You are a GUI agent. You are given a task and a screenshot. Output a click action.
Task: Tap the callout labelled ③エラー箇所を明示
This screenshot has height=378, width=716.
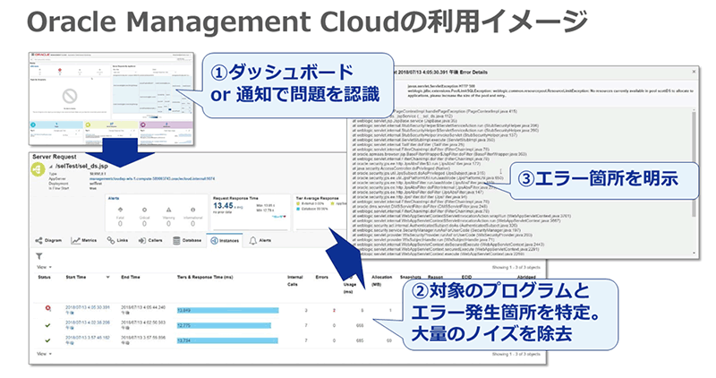(x=597, y=176)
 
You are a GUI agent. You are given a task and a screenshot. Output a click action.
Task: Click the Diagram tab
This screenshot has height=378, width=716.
(x=48, y=240)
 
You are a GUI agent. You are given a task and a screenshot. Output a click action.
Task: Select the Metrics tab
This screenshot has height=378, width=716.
(x=84, y=240)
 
